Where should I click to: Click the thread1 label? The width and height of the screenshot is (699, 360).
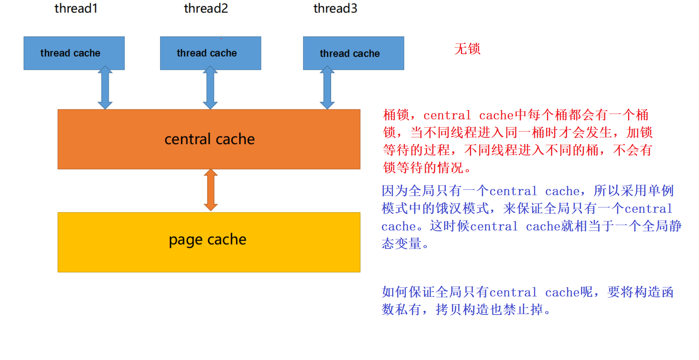click(76, 9)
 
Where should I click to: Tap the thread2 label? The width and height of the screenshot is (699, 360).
click(206, 9)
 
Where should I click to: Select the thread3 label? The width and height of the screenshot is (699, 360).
click(335, 9)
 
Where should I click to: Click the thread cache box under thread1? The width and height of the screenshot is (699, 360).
click(74, 53)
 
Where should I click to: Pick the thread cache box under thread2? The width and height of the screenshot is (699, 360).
click(210, 53)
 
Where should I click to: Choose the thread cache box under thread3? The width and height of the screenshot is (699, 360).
click(353, 53)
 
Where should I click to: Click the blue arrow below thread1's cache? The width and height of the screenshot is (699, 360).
click(105, 88)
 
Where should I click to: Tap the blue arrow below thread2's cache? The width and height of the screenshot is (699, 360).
click(210, 88)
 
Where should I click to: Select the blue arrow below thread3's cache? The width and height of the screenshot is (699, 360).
click(327, 88)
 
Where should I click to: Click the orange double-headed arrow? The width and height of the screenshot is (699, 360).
click(211, 190)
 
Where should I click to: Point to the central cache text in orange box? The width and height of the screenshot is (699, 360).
click(209, 139)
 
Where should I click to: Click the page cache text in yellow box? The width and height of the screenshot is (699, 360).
click(207, 240)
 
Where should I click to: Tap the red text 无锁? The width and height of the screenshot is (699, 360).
click(467, 49)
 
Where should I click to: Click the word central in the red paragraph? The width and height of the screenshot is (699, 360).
click(447, 116)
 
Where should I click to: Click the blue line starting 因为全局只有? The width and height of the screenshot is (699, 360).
click(527, 191)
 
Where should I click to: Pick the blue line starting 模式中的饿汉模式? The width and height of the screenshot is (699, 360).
click(527, 209)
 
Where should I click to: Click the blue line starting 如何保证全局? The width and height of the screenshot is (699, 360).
click(527, 292)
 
